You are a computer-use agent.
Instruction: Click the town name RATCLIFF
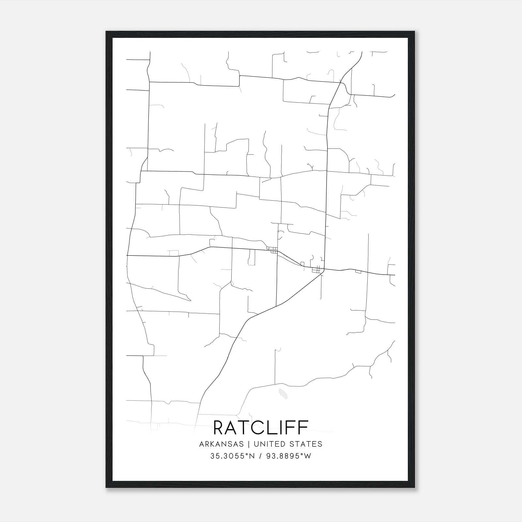(x=261, y=428)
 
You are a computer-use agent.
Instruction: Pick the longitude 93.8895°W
(x=288, y=456)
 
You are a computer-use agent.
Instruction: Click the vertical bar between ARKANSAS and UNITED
(x=249, y=444)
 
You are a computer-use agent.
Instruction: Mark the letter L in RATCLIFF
(x=276, y=428)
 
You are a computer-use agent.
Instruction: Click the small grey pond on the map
(x=283, y=394)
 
